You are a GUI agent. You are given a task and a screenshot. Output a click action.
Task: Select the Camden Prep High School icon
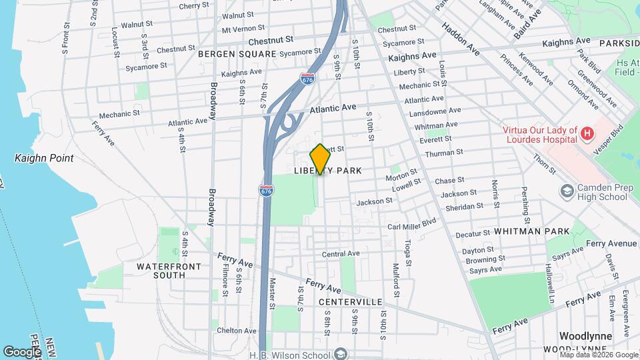pyautogui.click(x=567, y=192)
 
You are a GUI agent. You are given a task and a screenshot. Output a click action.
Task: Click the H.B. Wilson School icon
pyautogui.click(x=341, y=353)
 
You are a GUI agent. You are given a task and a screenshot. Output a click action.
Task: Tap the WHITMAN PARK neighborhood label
pyautogui.click(x=531, y=231)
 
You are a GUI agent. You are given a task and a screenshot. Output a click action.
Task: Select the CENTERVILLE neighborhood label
pyautogui.click(x=350, y=302)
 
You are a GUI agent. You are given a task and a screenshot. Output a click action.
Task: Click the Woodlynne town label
pyautogui.click(x=583, y=337)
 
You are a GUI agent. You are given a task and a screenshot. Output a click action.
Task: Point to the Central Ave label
pyautogui.click(x=341, y=254)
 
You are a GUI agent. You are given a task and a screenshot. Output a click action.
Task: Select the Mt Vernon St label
pyautogui.click(x=239, y=29)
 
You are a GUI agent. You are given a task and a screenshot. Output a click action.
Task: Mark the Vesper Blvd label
pyautogui.click(x=617, y=137)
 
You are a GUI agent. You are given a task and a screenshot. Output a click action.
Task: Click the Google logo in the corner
pyautogui.click(x=22, y=351)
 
